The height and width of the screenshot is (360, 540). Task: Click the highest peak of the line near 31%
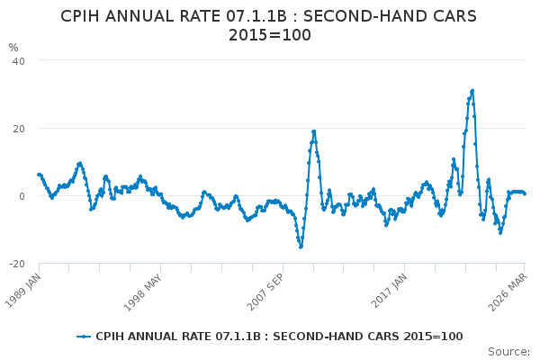[x=472, y=91]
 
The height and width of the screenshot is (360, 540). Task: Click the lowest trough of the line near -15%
[x=301, y=247]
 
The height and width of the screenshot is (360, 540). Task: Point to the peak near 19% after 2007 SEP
[x=314, y=131]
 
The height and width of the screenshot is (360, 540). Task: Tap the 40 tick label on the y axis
[x=19, y=61]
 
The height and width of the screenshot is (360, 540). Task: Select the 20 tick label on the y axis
[x=19, y=129]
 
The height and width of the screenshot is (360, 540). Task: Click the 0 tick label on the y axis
[x=22, y=196]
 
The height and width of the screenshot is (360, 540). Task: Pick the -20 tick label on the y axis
[x=17, y=264]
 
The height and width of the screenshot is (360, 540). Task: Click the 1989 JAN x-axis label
[x=23, y=290]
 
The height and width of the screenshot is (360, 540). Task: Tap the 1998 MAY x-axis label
[x=142, y=292]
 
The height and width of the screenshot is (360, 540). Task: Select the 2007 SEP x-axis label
[x=265, y=292]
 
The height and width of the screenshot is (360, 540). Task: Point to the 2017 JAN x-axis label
[x=389, y=290]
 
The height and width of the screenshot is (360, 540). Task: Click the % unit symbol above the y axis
[x=13, y=48]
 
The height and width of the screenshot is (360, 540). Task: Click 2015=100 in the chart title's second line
[x=270, y=35]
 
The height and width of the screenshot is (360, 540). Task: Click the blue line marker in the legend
[x=84, y=337]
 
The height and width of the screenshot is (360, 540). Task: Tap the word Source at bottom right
[x=508, y=352]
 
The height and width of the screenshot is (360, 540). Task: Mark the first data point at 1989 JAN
[x=39, y=175]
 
